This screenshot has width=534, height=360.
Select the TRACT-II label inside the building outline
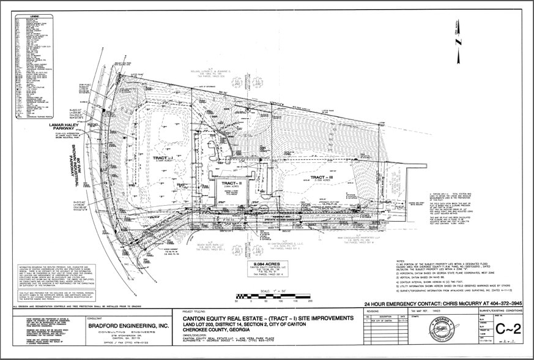click(x=230, y=183)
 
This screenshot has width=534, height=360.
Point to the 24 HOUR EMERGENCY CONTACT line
click(x=443, y=304)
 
